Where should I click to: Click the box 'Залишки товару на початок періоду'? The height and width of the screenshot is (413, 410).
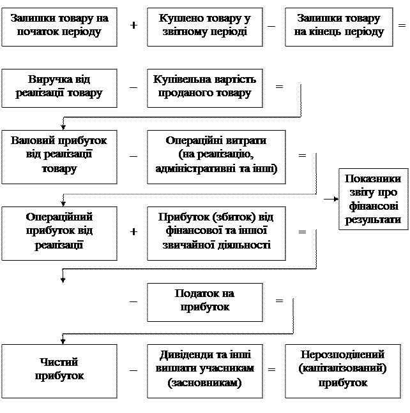point(59,25)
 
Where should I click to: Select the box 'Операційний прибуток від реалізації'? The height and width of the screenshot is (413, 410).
point(59,231)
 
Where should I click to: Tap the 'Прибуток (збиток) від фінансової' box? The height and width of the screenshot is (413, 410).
point(216,231)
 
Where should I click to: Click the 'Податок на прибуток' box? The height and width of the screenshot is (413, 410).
point(204,301)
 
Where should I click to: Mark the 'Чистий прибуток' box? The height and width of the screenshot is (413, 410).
point(59,369)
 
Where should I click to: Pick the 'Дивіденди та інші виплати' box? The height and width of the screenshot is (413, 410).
point(204,369)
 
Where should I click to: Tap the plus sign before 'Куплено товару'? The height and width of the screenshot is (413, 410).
point(133,25)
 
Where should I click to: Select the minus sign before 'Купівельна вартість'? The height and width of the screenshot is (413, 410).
point(133,88)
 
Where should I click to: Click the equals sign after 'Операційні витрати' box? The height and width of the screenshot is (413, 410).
point(302,156)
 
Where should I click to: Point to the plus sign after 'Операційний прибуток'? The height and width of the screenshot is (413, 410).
point(133,232)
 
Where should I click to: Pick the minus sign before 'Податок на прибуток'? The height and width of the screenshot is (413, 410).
point(133,301)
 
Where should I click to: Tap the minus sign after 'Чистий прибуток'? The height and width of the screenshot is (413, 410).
point(133,370)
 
